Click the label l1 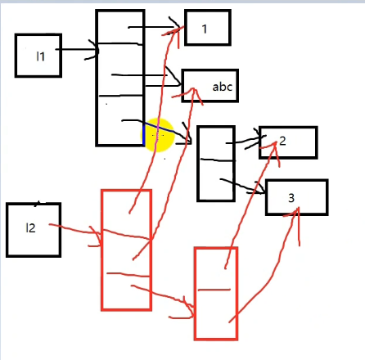40,56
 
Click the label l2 30,227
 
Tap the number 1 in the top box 205,29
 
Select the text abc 222,87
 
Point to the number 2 282,141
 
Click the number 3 291,198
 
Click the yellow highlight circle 158,135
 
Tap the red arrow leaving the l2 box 76,232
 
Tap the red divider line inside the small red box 214,290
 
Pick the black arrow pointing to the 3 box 243,187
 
